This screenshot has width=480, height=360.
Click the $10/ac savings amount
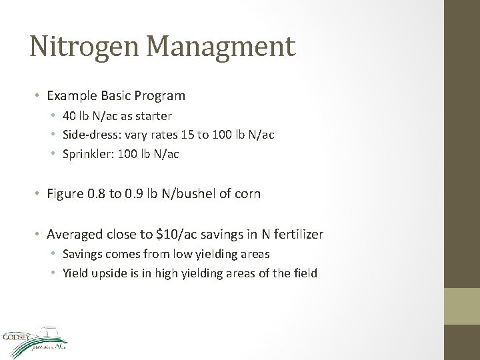coord(175,234)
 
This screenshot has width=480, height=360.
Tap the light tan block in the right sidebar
coord(462,307)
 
